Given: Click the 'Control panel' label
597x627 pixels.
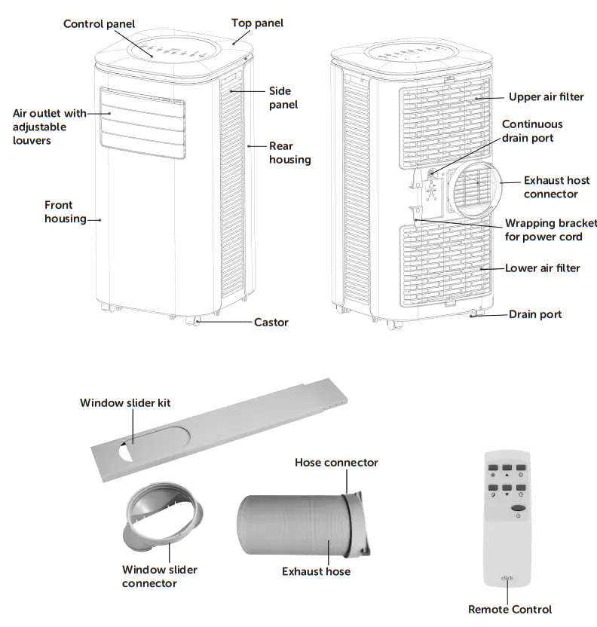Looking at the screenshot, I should pos(99,24).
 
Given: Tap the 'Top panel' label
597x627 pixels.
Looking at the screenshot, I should pos(258,23).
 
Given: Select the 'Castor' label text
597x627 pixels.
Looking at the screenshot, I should pos(271,322).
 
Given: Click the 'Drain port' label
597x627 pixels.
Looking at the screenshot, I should pos(535,314).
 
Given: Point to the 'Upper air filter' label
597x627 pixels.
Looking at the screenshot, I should pos(546,97).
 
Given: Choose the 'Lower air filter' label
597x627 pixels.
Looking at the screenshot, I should pos(543,268).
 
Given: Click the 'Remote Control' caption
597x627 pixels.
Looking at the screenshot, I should pos(510,609).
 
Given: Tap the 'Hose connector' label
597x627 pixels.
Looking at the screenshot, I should pos(336,462).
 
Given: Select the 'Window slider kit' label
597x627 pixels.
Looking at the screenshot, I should pos(125,403).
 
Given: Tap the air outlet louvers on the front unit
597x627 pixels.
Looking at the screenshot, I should pos(143,123).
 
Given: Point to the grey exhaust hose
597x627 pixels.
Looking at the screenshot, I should pos(294,527).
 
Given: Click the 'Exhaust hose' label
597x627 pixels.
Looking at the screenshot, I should pos(316,571).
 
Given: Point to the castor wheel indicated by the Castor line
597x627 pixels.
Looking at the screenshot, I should pos(198,322).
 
